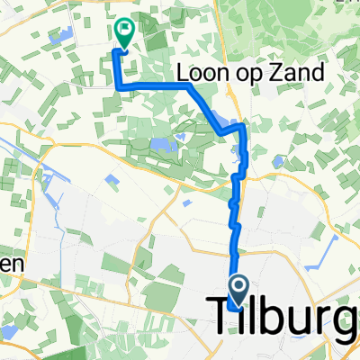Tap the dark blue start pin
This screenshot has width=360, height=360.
(240, 289)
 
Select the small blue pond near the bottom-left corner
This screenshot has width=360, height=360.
(9, 333)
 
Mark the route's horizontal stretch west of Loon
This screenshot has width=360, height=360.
(153, 85)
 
